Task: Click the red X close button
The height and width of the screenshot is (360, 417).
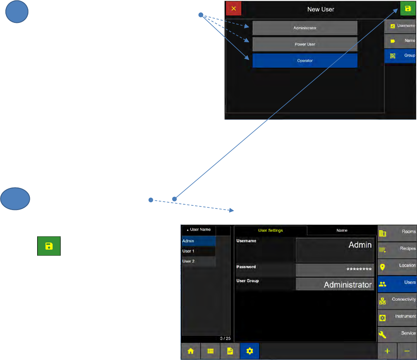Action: tap(233, 9)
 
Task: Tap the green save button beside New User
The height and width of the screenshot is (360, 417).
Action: tap(408, 9)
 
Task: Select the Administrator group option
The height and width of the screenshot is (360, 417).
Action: tap(305, 28)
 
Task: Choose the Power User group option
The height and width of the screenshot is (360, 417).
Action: tap(305, 44)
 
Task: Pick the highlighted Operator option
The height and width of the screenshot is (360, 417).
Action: tap(305, 60)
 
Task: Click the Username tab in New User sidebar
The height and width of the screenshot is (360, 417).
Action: tap(400, 26)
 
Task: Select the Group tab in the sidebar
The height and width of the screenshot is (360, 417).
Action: tap(400, 56)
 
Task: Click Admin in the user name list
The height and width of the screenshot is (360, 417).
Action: tap(199, 241)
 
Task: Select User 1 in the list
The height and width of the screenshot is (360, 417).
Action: tap(199, 251)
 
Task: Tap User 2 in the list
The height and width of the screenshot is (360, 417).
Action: tap(199, 261)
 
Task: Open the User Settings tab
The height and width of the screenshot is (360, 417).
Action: tap(270, 231)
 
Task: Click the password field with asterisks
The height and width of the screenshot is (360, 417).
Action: tap(335, 270)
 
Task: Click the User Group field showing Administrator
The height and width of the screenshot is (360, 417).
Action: tap(335, 284)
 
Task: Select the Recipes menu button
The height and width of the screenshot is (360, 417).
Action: tap(397, 249)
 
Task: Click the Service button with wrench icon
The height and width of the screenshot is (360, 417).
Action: tap(397, 334)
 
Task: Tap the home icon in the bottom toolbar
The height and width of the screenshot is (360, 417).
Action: tap(190, 351)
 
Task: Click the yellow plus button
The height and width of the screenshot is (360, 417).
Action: tap(387, 351)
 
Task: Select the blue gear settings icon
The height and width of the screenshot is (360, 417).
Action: tap(249, 351)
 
